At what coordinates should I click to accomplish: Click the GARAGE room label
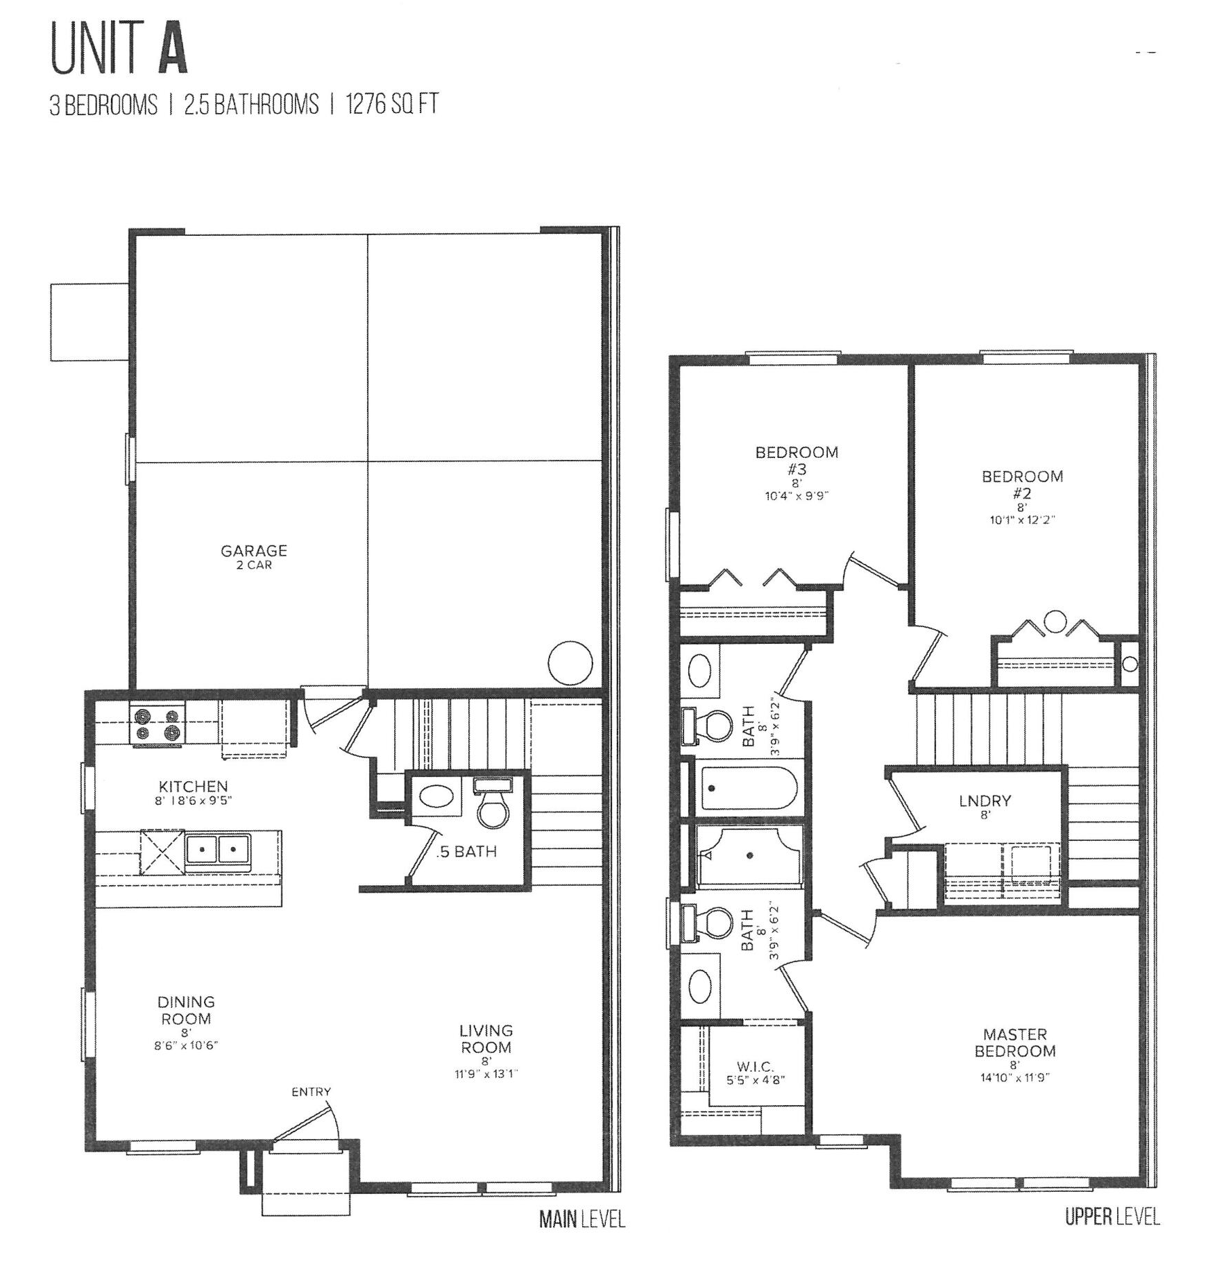[253, 551]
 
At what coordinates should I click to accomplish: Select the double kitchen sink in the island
[218, 849]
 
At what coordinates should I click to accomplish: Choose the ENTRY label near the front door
[311, 1092]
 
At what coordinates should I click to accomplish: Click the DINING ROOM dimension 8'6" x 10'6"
[185, 1045]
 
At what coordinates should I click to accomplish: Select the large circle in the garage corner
[570, 663]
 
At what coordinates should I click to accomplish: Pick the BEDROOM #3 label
[797, 461]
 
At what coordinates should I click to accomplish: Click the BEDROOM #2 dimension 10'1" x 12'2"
[1022, 520]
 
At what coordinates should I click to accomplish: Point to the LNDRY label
[985, 801]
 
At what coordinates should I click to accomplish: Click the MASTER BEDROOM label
[1014, 1043]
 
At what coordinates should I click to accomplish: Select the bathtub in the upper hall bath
[750, 788]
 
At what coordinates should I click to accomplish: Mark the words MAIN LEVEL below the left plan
[581, 1220]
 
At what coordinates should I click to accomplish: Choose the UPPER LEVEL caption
[1112, 1217]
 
